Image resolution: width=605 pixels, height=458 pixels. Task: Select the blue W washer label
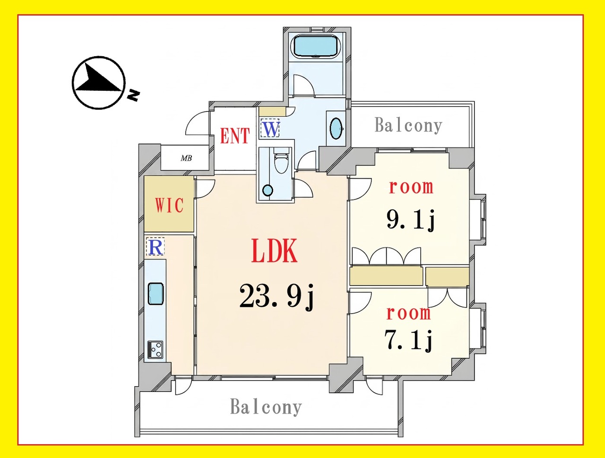click(270, 129)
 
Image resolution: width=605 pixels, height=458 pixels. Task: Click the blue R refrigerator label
click(155, 247)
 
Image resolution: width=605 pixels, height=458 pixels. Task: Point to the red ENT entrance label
click(235, 136)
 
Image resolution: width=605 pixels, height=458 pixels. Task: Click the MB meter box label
click(186, 158)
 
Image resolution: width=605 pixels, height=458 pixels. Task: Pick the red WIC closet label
click(169, 205)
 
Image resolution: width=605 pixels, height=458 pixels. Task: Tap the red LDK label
click(274, 251)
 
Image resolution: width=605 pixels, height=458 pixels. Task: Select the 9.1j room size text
click(411, 219)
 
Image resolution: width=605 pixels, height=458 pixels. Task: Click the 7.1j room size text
click(409, 340)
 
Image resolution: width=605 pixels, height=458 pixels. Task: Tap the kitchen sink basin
click(156, 294)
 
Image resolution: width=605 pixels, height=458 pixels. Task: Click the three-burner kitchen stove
click(156, 349)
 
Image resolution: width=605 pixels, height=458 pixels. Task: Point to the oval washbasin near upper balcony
click(337, 129)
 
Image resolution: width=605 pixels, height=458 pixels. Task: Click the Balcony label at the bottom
click(266, 407)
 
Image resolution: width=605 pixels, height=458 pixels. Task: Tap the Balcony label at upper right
click(408, 126)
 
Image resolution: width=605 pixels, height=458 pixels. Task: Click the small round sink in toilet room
click(268, 190)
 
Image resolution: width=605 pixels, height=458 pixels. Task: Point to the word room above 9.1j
click(411, 187)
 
